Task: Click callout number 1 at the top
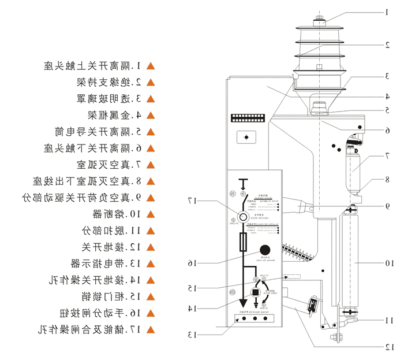point(387,12)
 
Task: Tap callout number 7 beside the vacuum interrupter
point(387,155)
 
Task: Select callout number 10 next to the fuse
point(388,263)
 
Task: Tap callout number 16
point(191,263)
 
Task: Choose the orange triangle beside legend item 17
point(151,329)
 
